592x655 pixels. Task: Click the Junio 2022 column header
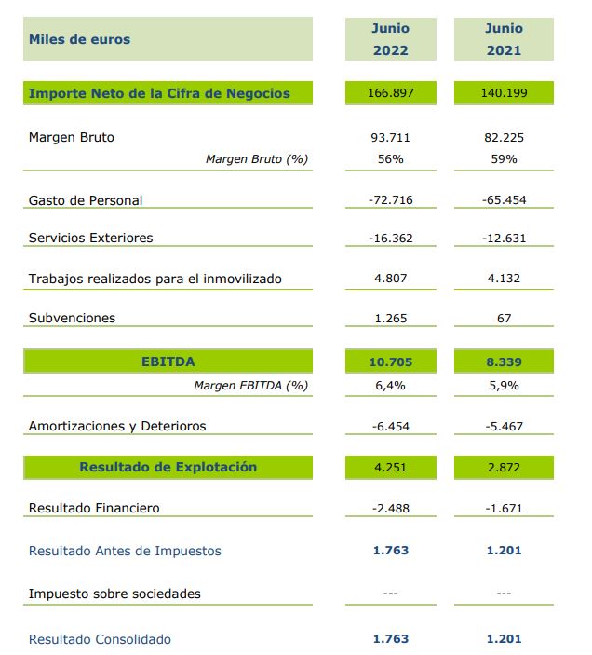coord(390,39)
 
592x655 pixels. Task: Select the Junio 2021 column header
coord(504,39)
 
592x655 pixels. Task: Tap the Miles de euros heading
coord(80,39)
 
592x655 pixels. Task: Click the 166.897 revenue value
coord(390,93)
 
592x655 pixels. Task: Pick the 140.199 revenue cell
coord(504,93)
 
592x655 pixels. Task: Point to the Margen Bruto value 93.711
coord(390,137)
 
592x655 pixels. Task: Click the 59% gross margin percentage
coord(504,158)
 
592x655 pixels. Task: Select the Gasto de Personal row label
coord(86,200)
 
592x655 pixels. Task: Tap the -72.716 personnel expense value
coord(390,200)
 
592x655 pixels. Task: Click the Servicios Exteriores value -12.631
coord(504,238)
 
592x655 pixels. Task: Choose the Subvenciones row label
coord(73,318)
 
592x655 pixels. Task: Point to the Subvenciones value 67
coord(504,318)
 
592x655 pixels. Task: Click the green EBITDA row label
coord(168,361)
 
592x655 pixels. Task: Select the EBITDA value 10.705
coord(390,361)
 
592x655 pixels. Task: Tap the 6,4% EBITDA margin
coord(390,384)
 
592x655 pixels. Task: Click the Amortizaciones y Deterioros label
coord(117,426)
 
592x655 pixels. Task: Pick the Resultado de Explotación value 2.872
coord(504,467)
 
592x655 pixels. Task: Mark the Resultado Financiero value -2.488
coord(390,508)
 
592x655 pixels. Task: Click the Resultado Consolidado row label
coord(100,639)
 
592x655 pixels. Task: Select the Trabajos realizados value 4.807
coord(390,278)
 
